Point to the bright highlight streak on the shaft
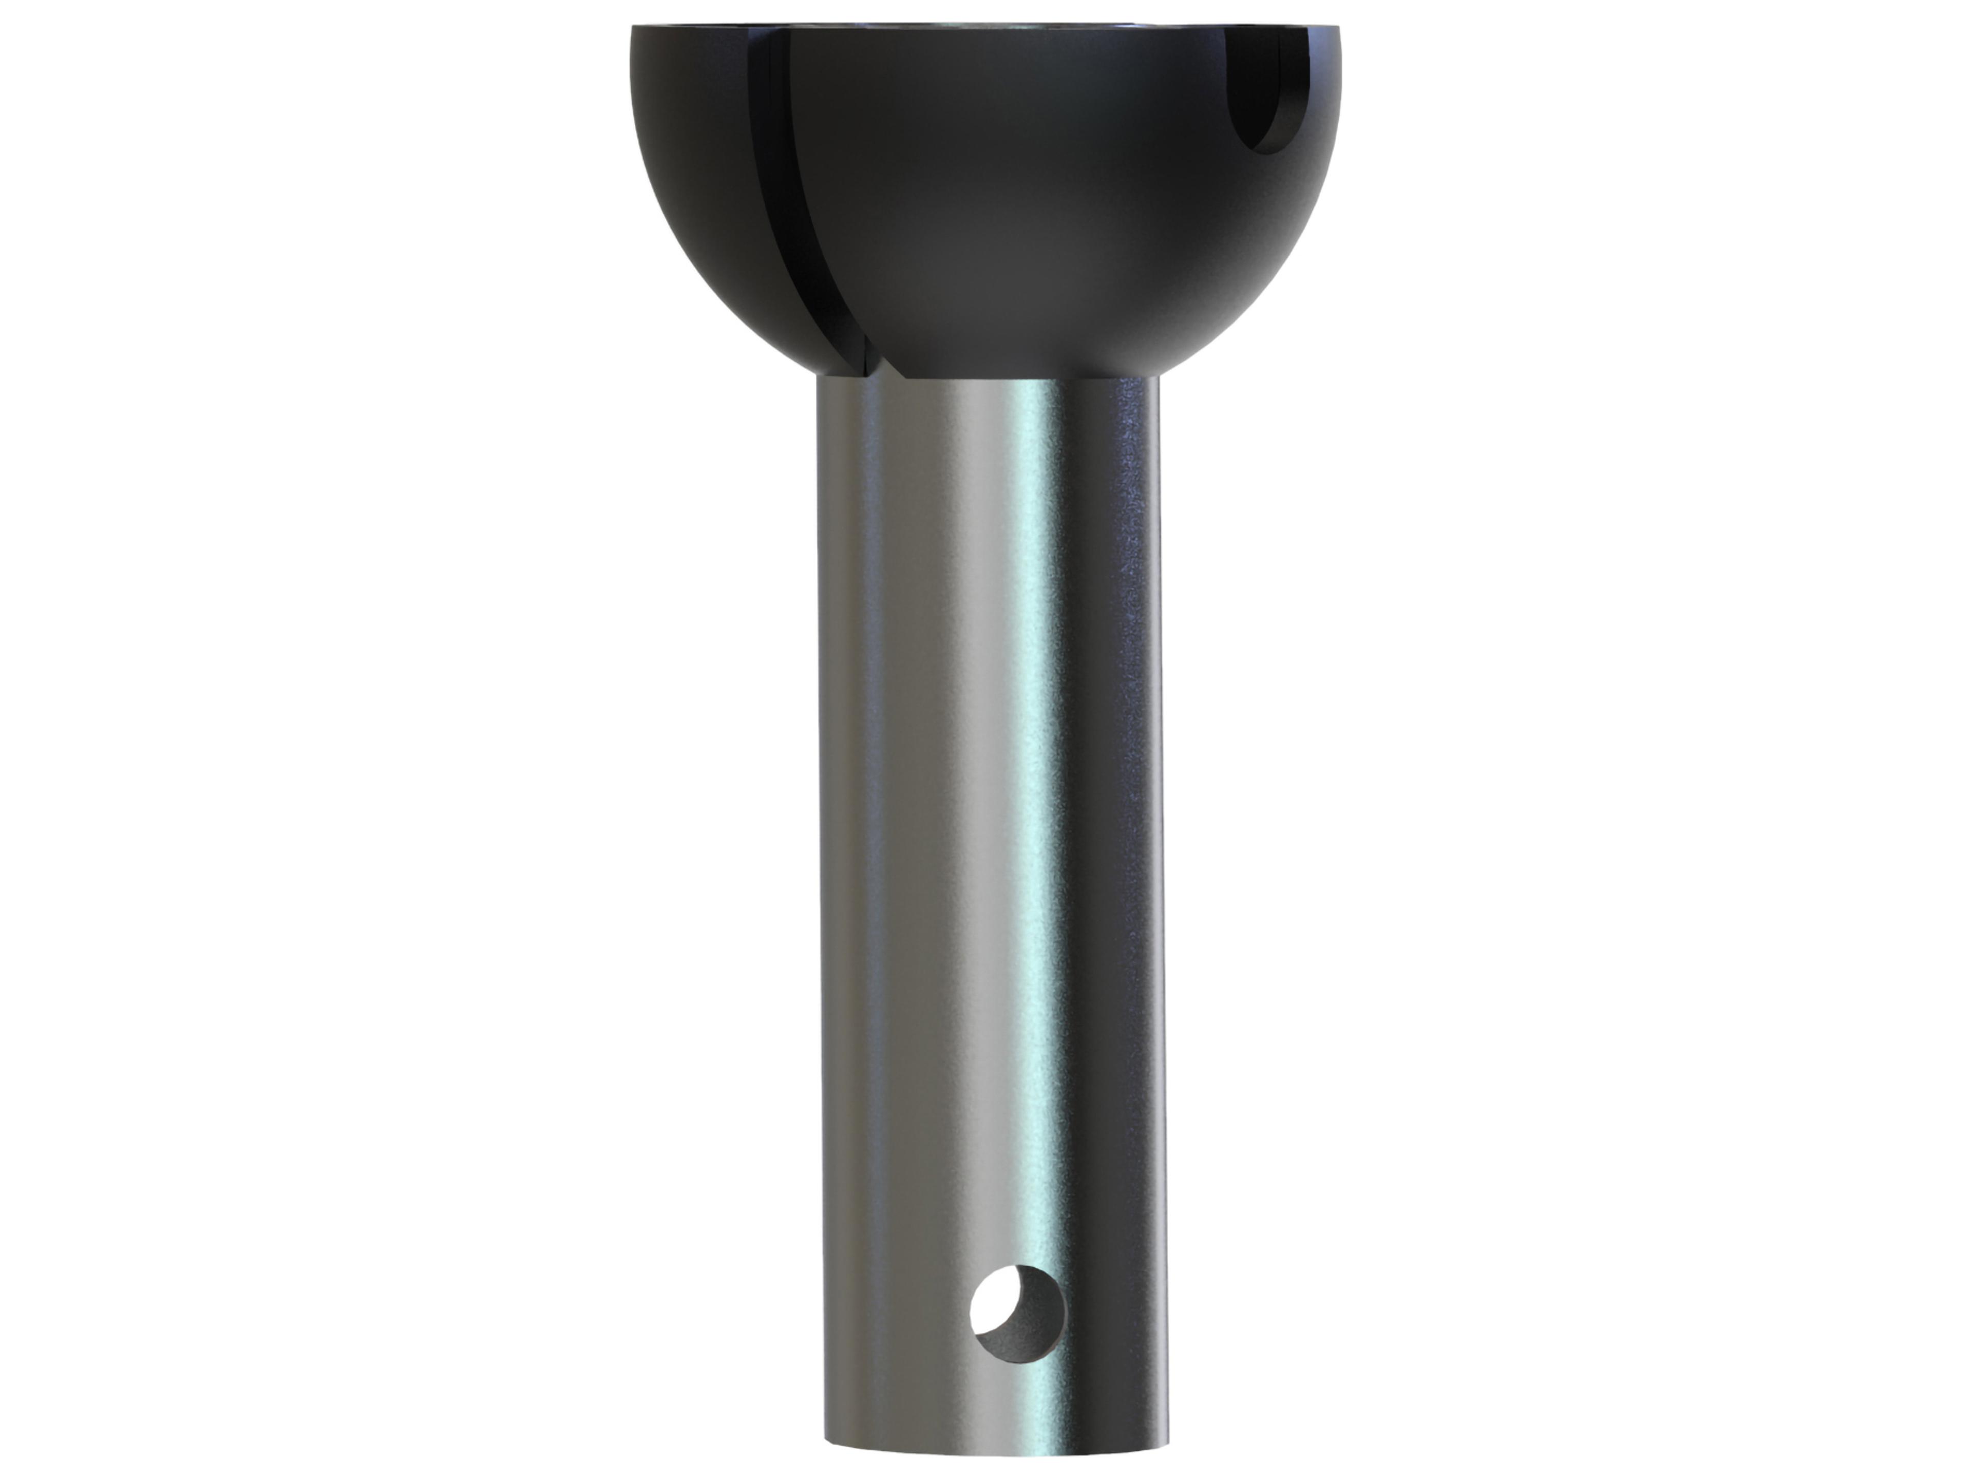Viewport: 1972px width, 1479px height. click(1034, 802)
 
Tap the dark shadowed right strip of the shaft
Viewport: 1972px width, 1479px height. click(1146, 802)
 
